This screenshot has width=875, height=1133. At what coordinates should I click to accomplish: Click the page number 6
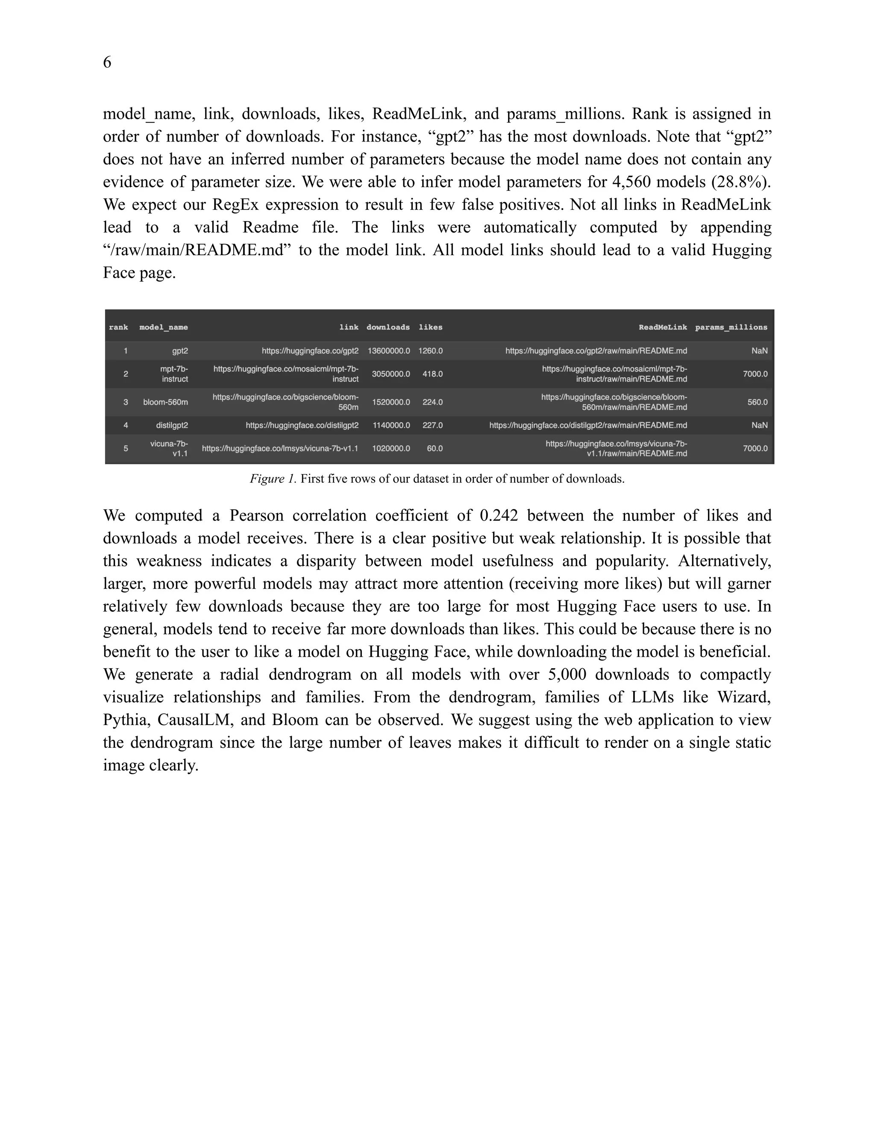[x=107, y=62]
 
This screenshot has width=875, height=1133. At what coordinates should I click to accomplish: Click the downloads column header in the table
[x=388, y=328]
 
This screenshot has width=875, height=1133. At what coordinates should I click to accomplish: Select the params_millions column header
[x=731, y=328]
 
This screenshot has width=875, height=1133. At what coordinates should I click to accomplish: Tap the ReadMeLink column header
[x=663, y=328]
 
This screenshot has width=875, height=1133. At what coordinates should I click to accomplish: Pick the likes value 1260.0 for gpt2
[x=430, y=351]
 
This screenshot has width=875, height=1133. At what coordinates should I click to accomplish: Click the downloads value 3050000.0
[x=391, y=374]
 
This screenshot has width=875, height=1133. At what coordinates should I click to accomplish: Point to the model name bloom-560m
[x=165, y=402]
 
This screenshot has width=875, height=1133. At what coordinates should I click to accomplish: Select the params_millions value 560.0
[x=758, y=402]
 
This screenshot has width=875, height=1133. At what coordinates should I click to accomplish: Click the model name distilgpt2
[x=172, y=425]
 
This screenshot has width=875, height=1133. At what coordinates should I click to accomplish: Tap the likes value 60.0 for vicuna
[x=435, y=448]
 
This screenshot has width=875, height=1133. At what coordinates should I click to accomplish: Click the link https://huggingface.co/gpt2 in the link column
[x=310, y=351]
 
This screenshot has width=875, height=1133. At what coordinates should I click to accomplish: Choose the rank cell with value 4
[x=126, y=425]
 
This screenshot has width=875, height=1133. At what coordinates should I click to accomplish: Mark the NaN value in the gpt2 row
[x=759, y=351]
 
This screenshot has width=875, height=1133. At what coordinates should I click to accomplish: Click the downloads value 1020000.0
[x=391, y=448]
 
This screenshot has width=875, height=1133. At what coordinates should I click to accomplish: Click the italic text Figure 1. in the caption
[x=273, y=479]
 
